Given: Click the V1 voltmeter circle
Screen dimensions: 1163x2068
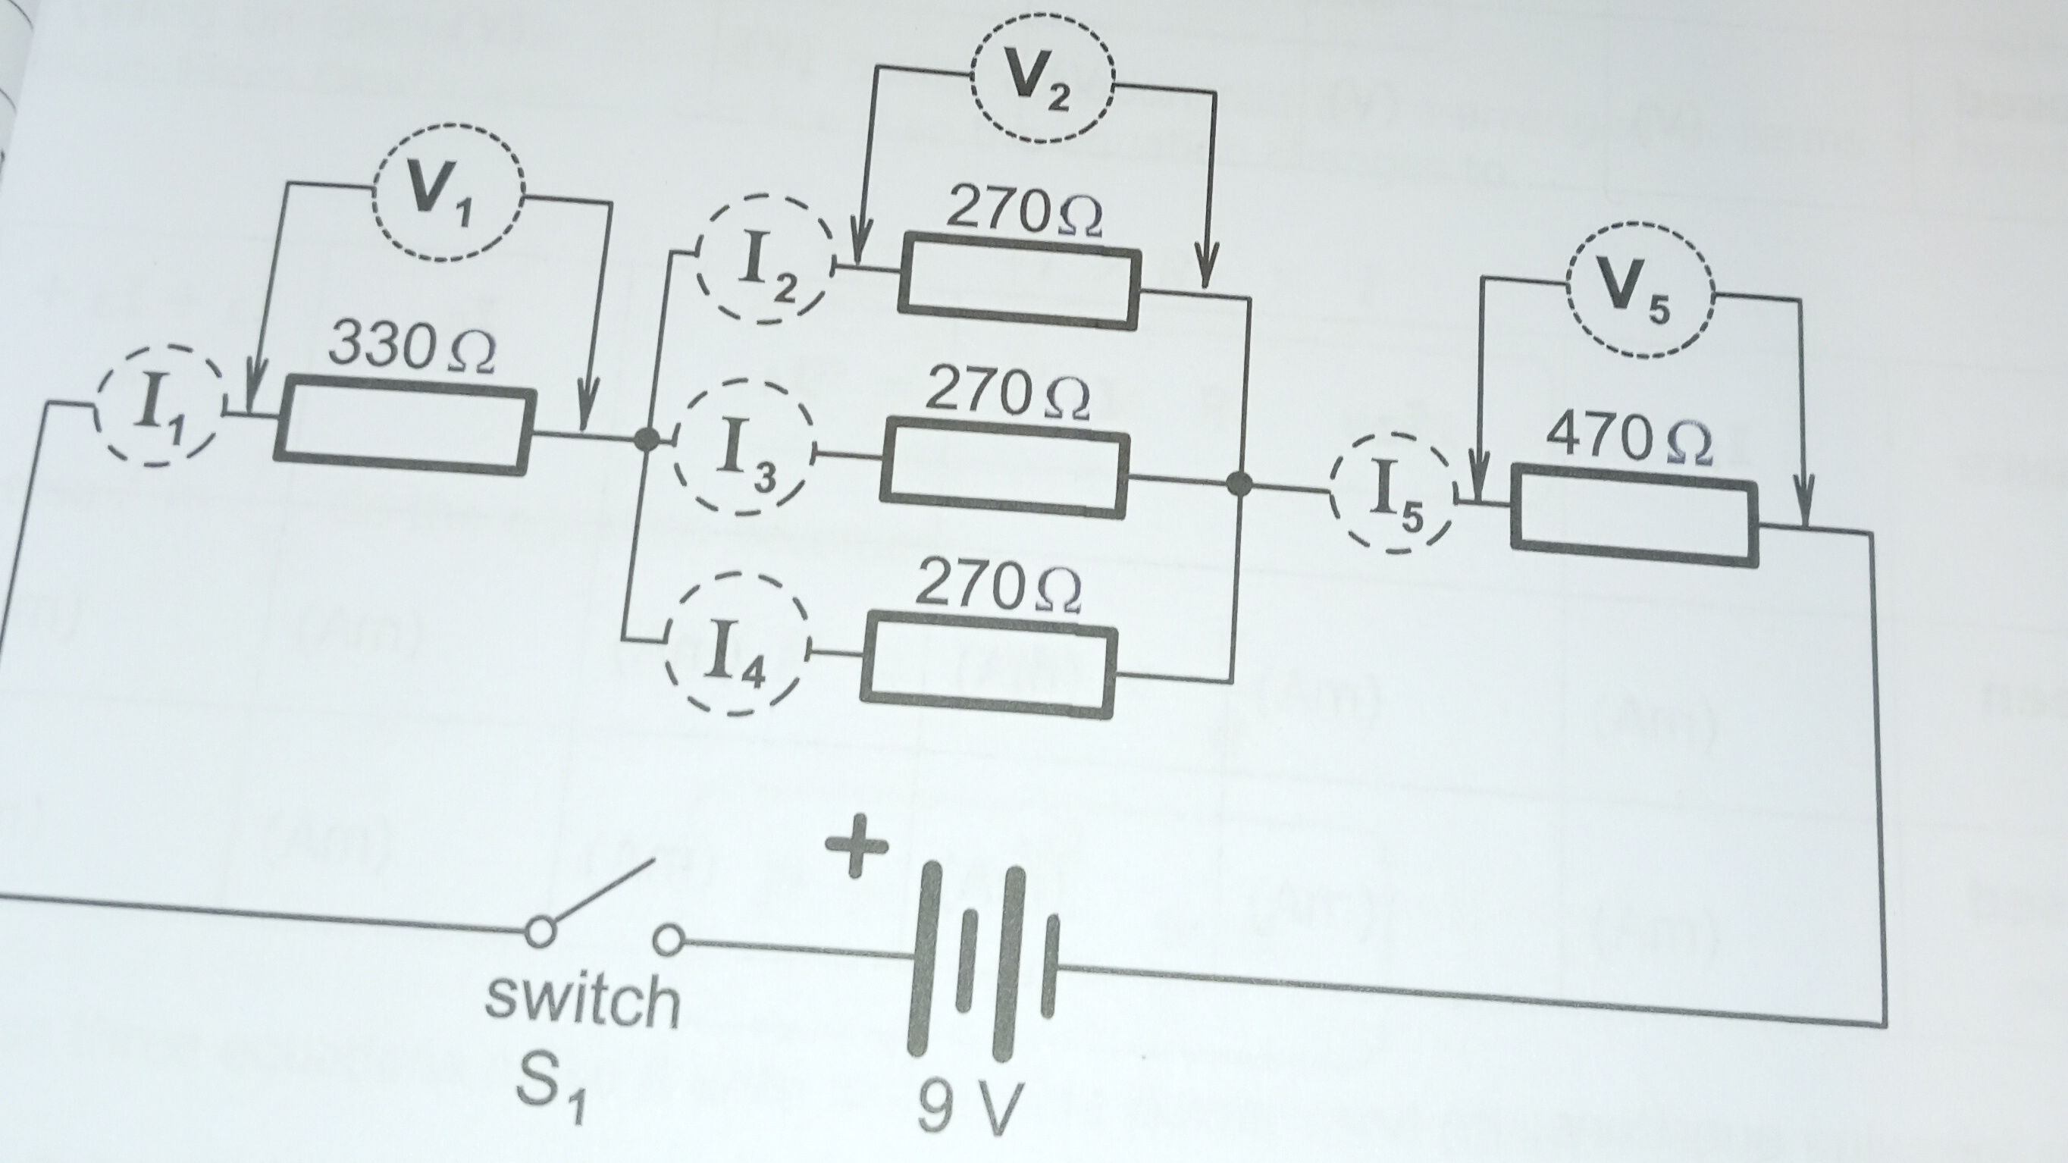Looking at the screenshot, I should pyautogui.click(x=448, y=193).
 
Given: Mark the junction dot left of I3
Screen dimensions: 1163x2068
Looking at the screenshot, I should pyautogui.click(x=646, y=439).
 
